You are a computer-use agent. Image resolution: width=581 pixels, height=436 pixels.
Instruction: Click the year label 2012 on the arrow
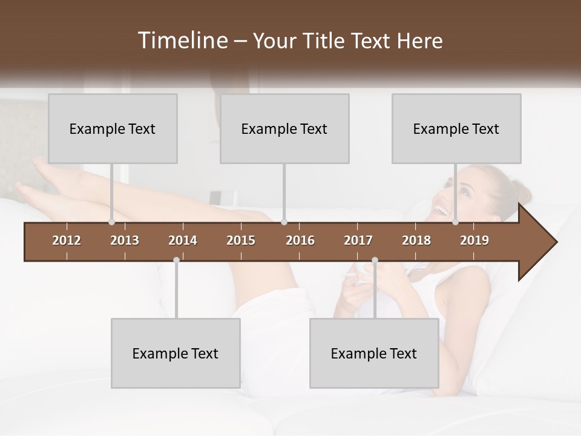tap(67, 240)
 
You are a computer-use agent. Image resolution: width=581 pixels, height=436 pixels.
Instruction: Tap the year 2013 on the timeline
tap(125, 240)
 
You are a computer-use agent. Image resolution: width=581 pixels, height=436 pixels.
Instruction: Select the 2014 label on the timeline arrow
tap(183, 240)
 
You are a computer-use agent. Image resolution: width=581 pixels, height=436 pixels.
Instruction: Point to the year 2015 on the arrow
tap(241, 240)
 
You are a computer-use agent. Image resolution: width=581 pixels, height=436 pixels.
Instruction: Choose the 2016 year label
tap(300, 240)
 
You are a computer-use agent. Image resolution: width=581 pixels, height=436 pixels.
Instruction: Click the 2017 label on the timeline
tap(358, 240)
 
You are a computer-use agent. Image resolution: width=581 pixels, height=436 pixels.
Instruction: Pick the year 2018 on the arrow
tap(416, 240)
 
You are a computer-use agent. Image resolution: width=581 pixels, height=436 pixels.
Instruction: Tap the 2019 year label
tap(474, 240)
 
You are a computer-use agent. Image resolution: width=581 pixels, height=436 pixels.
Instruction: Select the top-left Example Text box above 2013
tap(113, 128)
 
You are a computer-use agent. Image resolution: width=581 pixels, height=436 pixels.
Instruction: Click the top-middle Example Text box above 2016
tap(284, 128)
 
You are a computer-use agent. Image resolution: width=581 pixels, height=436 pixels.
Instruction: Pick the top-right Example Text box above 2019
tap(456, 128)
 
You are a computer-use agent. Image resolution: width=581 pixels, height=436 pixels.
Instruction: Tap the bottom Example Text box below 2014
tap(176, 353)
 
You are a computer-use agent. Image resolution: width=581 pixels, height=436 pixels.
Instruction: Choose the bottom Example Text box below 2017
tap(374, 353)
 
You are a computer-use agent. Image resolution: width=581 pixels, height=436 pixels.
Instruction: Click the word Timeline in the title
tap(181, 41)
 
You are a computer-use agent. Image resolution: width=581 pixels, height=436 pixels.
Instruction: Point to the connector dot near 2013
tap(112, 222)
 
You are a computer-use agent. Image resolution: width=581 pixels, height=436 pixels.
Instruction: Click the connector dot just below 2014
tap(176, 260)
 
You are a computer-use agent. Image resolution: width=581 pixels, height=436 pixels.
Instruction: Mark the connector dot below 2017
tap(375, 260)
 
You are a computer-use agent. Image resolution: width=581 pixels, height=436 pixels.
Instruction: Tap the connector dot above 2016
tap(284, 222)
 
